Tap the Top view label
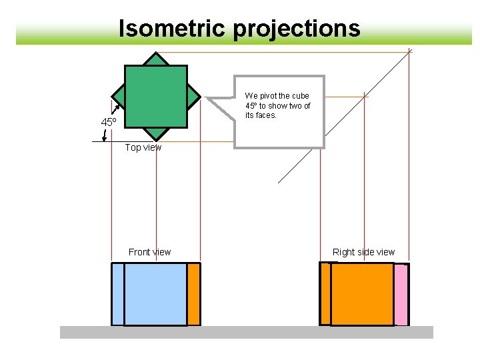143,147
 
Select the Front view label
149,252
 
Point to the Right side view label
363,252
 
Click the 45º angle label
109,122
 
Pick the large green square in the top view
156,96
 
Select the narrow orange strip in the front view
193,294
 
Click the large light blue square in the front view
155,294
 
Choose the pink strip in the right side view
401,295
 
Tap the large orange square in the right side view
362,294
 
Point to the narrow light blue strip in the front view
117,294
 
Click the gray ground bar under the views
247,332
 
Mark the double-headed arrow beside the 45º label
105,135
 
